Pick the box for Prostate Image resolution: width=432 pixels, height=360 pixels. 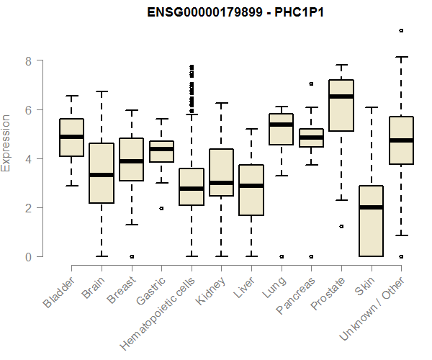point(341,105)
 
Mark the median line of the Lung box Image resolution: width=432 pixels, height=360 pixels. point(281,125)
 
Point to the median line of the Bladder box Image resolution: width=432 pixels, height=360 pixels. point(71,137)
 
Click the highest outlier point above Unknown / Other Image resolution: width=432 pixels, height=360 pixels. point(401,30)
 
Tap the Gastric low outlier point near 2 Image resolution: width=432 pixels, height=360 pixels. point(161,208)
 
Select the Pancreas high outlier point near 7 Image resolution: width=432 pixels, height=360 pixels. point(311,84)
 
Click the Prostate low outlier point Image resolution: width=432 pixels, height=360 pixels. point(341,226)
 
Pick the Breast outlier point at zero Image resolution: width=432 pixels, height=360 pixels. point(131,256)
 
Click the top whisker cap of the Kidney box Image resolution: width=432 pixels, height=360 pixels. point(221,103)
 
